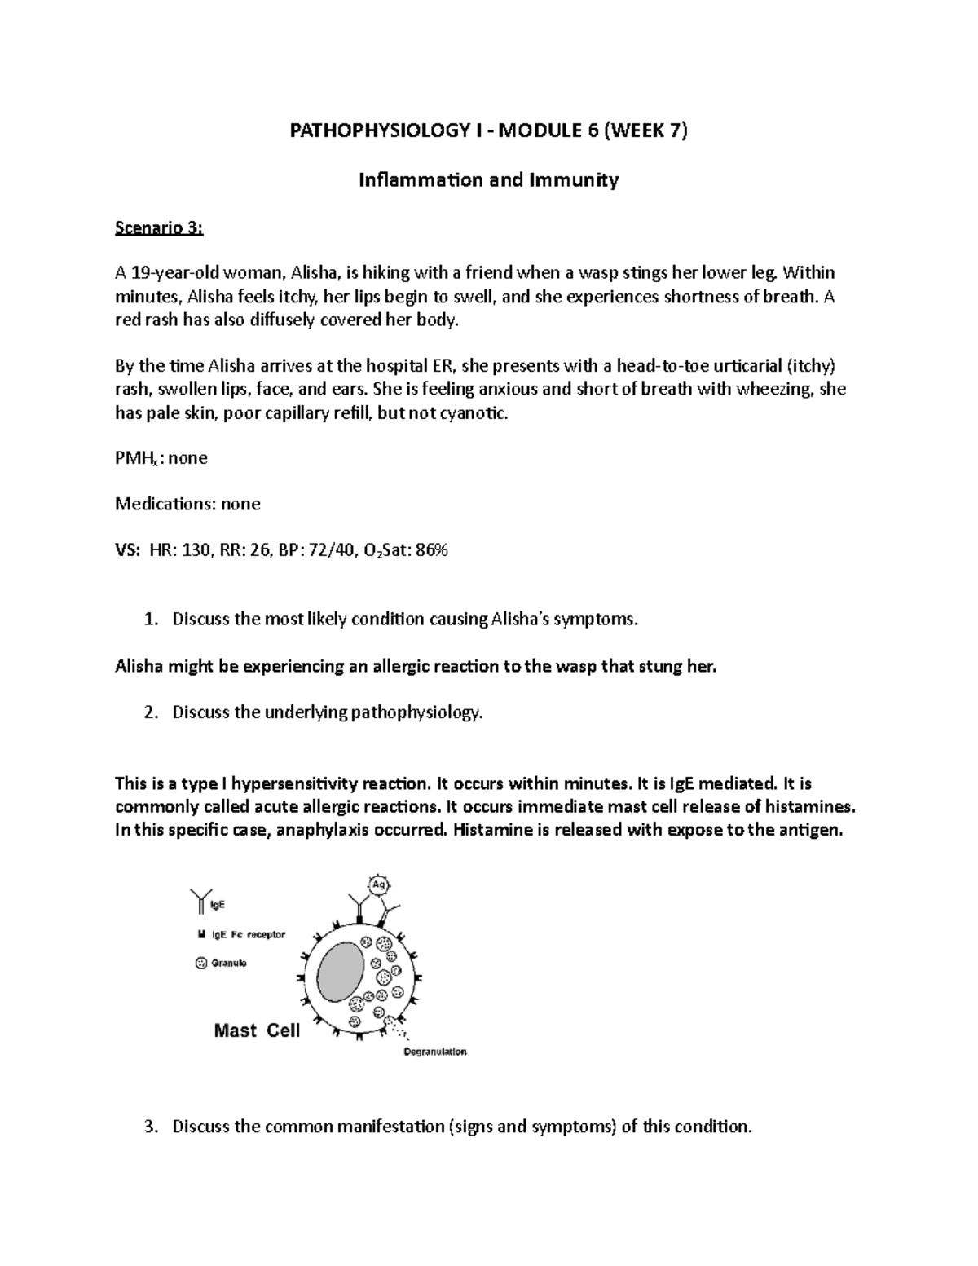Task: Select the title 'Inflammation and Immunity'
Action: click(489, 179)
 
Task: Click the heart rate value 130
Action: click(195, 550)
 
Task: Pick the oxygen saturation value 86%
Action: click(431, 550)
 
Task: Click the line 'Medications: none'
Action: click(187, 504)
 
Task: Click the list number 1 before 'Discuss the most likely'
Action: click(148, 620)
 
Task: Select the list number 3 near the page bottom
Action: click(148, 1127)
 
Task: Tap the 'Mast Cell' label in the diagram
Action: click(257, 1030)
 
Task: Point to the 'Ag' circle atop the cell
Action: click(377, 884)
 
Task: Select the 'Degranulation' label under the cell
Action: click(435, 1052)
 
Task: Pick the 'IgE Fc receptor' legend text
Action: click(248, 935)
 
